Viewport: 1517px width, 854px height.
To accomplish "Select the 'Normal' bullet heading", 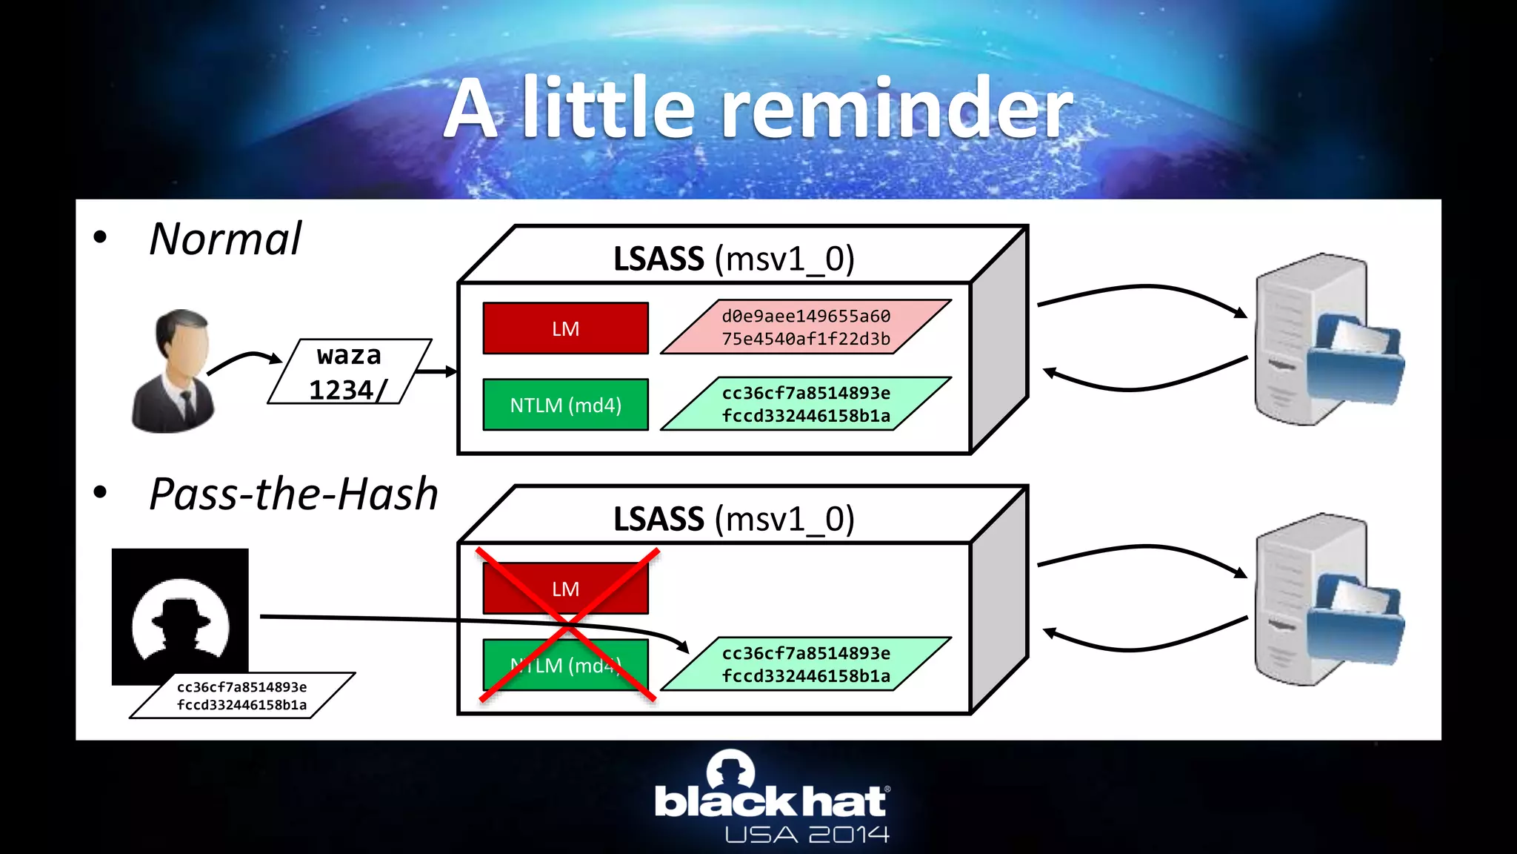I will [225, 239].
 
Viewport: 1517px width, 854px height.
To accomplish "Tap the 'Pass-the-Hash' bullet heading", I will [293, 494].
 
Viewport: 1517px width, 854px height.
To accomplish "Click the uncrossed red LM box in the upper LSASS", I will [565, 328].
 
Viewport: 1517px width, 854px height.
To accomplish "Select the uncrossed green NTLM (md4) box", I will [565, 405].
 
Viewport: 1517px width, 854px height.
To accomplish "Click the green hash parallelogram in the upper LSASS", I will [806, 404].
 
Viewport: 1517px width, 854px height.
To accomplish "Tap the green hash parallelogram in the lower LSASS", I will [806, 664].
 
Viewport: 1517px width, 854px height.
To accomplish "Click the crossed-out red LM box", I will [565, 589].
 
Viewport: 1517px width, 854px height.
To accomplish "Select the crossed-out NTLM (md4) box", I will [565, 665].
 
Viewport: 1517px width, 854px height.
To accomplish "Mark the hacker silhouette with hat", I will [180, 619].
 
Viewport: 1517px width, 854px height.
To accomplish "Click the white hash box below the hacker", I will [242, 696].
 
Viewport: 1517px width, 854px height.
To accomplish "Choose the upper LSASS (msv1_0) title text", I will [733, 259].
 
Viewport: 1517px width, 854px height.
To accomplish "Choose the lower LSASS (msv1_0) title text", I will [733, 520].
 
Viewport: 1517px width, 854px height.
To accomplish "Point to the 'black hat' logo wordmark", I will [771, 801].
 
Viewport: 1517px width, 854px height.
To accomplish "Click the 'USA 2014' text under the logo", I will [807, 835].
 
